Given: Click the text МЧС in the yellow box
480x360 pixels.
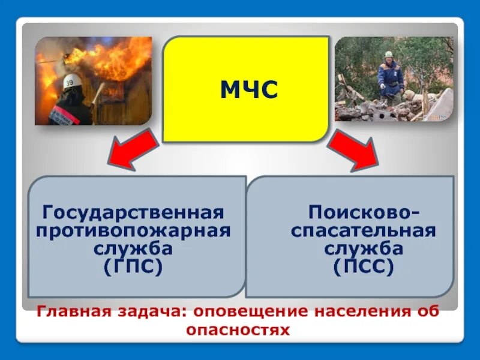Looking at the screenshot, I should [248, 90].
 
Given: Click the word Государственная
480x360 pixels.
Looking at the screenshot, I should [133, 212].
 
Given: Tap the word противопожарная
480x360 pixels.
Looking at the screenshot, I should [133, 231].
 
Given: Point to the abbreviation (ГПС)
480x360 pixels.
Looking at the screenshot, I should [133, 266].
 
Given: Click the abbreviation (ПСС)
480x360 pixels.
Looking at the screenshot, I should [364, 266].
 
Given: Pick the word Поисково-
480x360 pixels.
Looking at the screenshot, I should [364, 212].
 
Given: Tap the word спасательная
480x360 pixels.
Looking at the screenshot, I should [364, 231].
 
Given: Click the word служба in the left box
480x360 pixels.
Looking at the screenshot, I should [133, 248].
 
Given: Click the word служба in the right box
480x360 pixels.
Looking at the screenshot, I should [364, 248].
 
